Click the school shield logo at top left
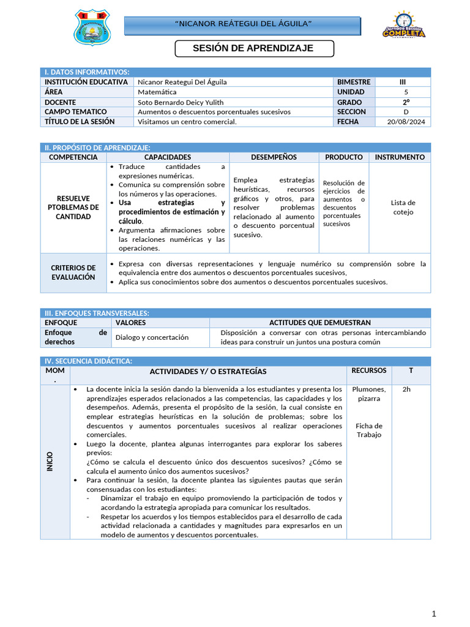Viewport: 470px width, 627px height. click(x=93, y=28)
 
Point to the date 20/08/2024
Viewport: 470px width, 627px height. click(x=405, y=122)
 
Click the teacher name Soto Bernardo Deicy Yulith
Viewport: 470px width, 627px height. click(x=181, y=102)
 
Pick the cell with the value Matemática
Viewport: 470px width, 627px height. click(x=157, y=92)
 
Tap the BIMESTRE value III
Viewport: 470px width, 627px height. click(x=401, y=82)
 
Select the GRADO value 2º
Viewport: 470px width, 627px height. click(x=405, y=102)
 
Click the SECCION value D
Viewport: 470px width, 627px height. click(x=405, y=112)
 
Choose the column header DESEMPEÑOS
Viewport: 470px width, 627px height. click(x=274, y=157)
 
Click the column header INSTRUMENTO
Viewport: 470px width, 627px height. click(x=400, y=157)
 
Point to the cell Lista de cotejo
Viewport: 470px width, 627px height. click(x=403, y=208)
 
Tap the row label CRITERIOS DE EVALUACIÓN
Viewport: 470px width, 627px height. click(x=73, y=272)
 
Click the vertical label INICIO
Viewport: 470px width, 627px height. click(x=50, y=461)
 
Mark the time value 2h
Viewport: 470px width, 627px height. click(x=407, y=389)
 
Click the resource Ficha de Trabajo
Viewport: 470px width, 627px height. click(x=370, y=430)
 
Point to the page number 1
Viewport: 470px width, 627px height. click(x=434, y=614)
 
